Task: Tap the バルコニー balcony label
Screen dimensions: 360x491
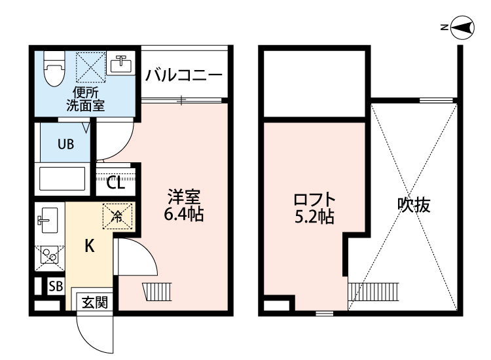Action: pos(184,74)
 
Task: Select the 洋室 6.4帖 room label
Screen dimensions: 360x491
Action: pos(183,205)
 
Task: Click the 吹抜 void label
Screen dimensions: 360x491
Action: pos(414,205)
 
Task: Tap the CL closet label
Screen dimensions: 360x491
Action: pos(115,183)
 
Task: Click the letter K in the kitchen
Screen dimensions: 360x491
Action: pos(90,247)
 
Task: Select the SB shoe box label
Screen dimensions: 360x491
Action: pos(56,286)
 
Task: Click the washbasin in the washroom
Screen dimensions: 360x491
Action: pos(120,64)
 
